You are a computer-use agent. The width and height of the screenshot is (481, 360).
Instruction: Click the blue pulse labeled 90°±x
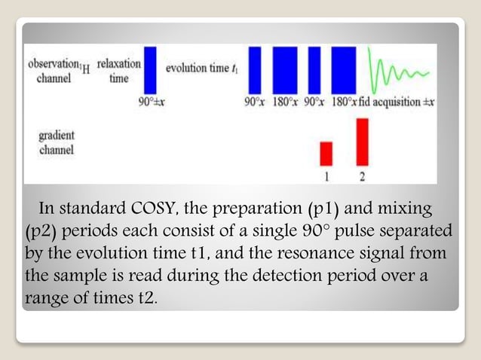point(150,70)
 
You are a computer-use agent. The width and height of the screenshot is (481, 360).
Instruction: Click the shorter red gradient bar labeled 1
point(326,153)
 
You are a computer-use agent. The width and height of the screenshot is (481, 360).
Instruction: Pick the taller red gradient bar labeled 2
point(362,141)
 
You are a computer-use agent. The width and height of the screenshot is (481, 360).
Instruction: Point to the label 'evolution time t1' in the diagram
point(201,69)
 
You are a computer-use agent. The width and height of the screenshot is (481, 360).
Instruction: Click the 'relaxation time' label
point(118,71)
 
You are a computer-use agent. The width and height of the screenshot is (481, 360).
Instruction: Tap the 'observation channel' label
point(54,71)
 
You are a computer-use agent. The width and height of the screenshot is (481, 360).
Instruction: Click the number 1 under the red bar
point(326,176)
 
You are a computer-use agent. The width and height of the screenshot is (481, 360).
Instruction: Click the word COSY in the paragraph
point(170,208)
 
